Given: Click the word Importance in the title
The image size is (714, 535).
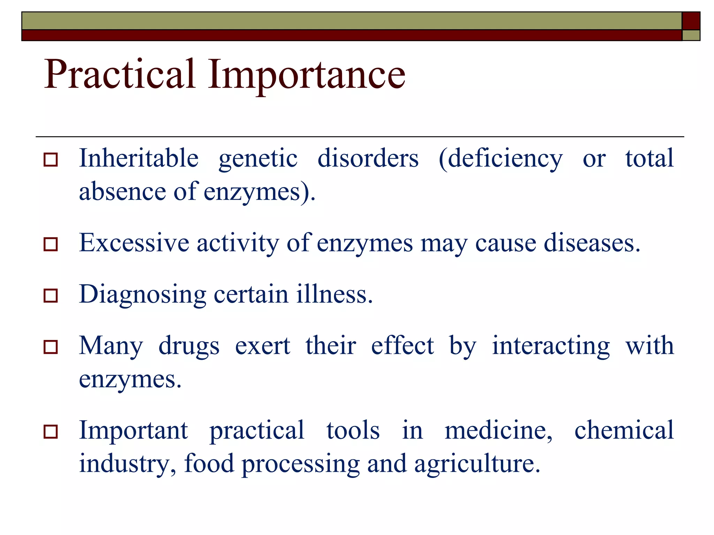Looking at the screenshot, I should click(306, 75).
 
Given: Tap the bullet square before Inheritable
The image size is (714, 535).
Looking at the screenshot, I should click(51, 160).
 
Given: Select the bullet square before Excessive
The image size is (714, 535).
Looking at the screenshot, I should click(51, 244).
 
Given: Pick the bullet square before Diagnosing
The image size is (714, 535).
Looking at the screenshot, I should click(51, 296).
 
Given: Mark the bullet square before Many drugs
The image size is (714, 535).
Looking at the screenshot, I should click(51, 347).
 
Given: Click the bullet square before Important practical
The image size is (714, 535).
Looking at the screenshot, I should click(51, 432).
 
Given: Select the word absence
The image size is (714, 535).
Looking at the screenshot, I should click(122, 192).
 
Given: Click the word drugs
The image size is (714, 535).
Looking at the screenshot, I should click(189, 346).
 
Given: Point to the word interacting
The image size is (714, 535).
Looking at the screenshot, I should click(551, 346).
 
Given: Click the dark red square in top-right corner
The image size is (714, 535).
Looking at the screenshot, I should click(691, 21).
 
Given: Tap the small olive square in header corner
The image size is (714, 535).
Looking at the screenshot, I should click(691, 35).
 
